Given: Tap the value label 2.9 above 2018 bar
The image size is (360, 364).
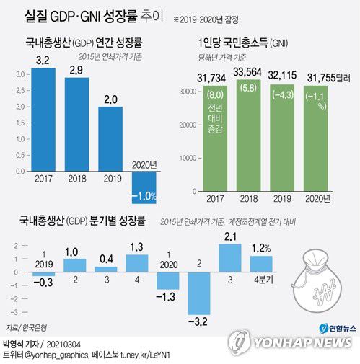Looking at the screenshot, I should (76, 69).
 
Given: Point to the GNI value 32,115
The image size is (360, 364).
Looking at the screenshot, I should (286, 75).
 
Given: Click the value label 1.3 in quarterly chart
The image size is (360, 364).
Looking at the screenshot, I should (136, 247).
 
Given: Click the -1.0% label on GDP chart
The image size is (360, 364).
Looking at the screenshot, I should (147, 197).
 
